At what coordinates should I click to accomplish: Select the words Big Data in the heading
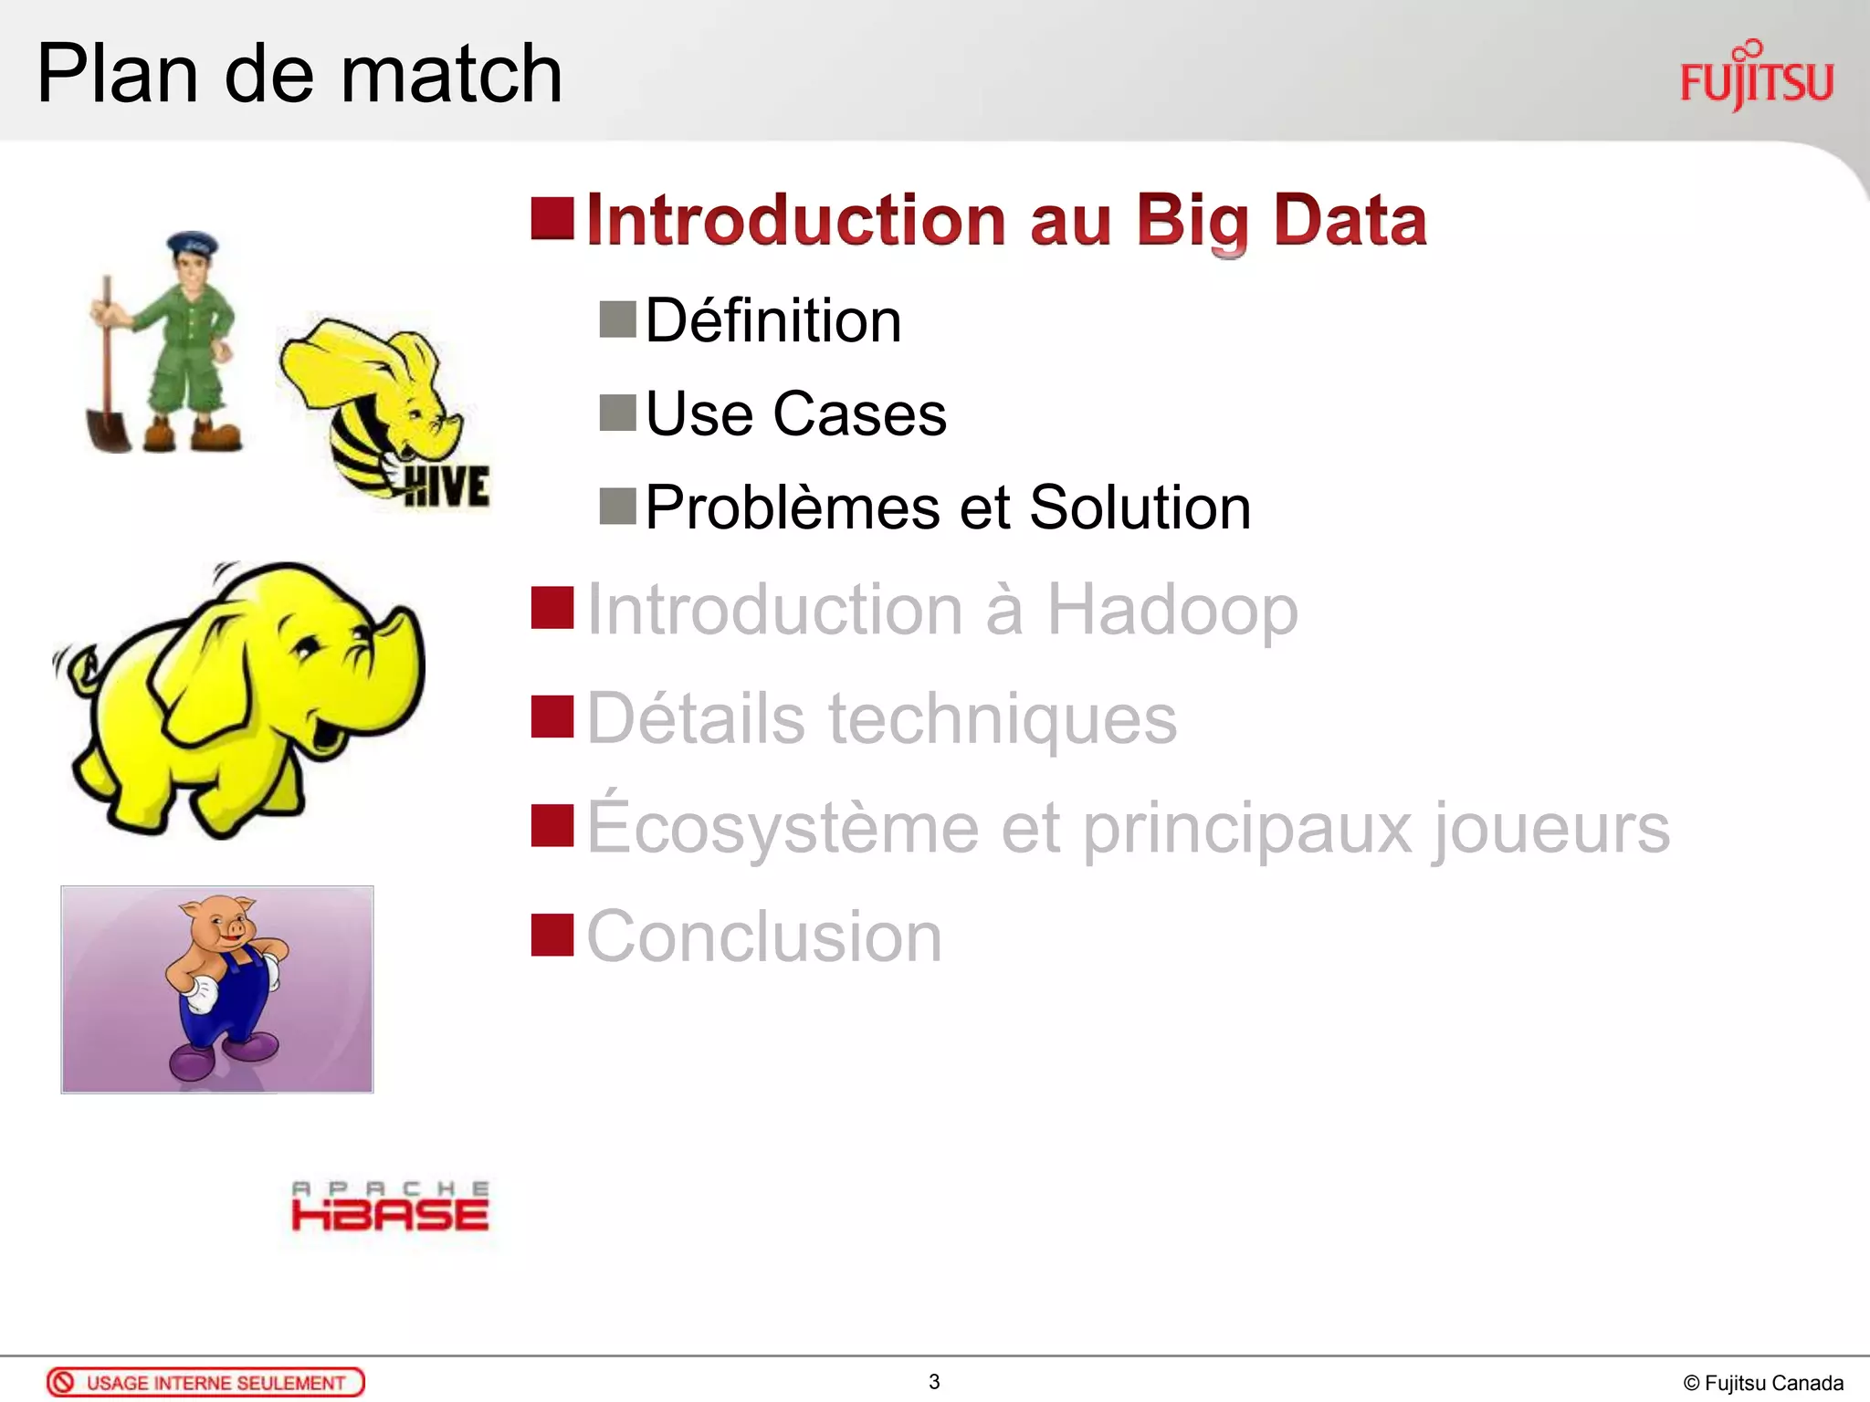click(x=1281, y=221)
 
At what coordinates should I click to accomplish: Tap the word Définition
click(x=772, y=321)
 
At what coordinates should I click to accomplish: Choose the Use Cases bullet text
click(x=795, y=414)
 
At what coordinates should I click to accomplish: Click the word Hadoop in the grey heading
click(x=1171, y=610)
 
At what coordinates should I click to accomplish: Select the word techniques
click(x=1002, y=719)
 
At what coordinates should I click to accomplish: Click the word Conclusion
click(x=763, y=936)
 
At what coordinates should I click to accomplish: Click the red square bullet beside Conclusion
click(x=552, y=935)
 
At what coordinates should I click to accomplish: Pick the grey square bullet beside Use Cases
click(x=617, y=413)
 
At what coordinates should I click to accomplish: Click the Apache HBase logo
click(x=390, y=1207)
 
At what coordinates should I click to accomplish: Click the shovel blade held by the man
click(x=109, y=429)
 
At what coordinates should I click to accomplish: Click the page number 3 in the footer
click(x=934, y=1382)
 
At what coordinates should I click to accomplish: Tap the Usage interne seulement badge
click(x=205, y=1382)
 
